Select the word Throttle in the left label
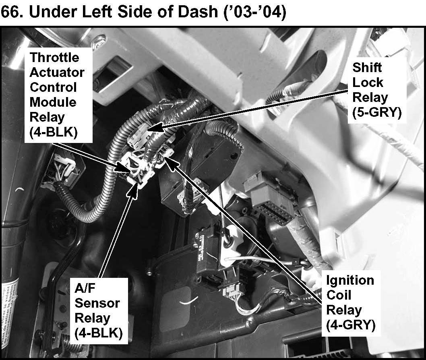[54, 57]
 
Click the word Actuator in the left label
[57, 72]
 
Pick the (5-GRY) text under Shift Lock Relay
[377, 112]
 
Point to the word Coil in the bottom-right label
[339, 295]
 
